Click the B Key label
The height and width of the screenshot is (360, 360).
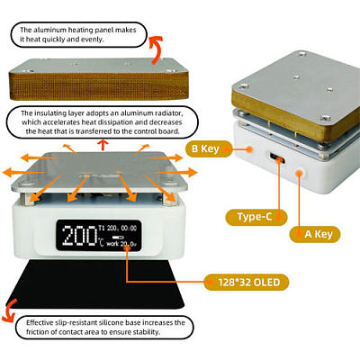209,148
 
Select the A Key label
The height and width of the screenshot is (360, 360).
315,234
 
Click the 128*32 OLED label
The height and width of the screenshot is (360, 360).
246,283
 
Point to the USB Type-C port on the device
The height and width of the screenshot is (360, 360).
277,158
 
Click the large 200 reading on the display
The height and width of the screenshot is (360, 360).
79,237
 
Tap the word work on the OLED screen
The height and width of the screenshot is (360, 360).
112,244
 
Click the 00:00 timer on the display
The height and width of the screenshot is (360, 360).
129,228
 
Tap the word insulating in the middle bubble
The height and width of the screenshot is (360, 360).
48,113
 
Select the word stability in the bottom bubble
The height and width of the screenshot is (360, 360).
147,332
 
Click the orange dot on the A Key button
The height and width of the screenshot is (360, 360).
299,173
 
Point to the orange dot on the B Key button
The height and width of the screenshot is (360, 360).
249,148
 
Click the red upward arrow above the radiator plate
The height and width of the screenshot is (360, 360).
103,145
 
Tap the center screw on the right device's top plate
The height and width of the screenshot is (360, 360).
296,77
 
